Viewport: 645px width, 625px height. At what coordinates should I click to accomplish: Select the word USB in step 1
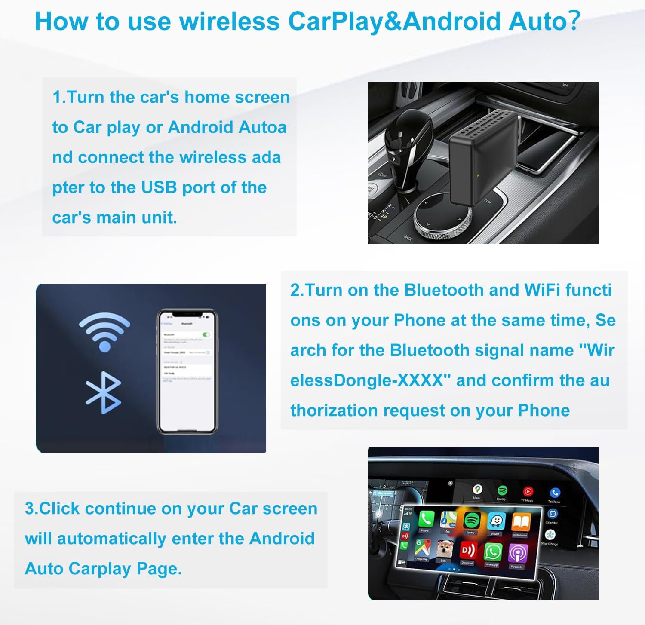[x=159, y=187]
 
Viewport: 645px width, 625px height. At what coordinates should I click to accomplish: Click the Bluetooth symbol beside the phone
[x=103, y=393]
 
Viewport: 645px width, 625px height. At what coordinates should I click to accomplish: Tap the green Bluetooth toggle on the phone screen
[x=206, y=334]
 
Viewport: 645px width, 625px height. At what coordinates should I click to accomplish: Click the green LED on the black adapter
[x=478, y=176]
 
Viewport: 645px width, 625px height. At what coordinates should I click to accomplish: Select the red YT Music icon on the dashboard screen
[x=528, y=491]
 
